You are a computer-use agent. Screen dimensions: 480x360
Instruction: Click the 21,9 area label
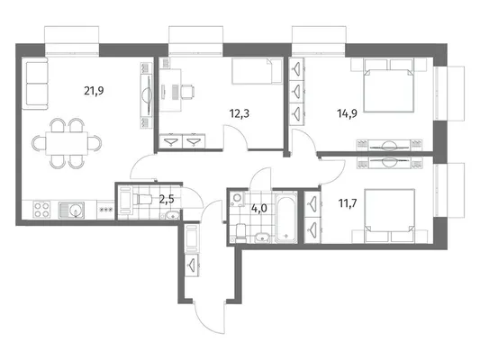[x=94, y=91]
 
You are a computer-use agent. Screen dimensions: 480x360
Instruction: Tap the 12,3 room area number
[x=239, y=113]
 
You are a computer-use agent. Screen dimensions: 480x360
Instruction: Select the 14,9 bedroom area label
[x=347, y=113]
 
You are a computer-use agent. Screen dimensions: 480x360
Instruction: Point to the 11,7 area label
[x=348, y=203]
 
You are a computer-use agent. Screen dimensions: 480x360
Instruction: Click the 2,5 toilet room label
[x=167, y=200]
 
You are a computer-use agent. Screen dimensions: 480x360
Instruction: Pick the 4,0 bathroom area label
[x=259, y=209]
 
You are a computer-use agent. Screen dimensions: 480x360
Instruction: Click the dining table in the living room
[x=67, y=143]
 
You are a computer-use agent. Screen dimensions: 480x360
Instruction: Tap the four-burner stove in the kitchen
[x=42, y=210]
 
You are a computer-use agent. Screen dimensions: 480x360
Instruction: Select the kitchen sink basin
[x=75, y=210]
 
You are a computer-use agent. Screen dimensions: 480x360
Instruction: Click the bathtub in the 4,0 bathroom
[x=285, y=218]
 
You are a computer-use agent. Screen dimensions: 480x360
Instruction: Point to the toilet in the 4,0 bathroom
[x=240, y=233]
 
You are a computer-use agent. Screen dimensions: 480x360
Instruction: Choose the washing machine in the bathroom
[x=237, y=198]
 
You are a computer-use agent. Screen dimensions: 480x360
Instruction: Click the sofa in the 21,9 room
[x=35, y=83]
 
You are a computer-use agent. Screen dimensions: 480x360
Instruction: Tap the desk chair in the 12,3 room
[x=187, y=92]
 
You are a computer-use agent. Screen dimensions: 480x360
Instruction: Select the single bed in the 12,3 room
[x=258, y=71]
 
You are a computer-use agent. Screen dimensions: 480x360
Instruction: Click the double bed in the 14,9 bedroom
[x=389, y=85]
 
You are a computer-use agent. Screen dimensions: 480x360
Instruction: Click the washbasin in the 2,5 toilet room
[x=173, y=215]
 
